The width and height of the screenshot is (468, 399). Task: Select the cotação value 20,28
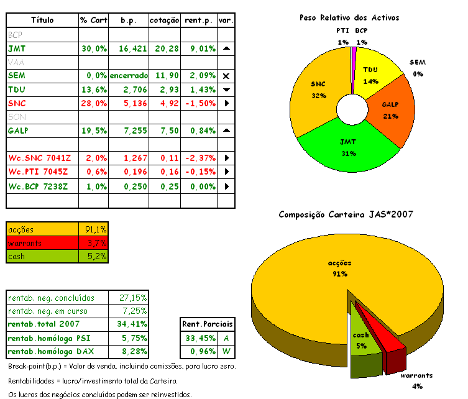pyautogui.click(x=165, y=48)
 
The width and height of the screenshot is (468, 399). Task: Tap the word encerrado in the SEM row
pyautogui.click(x=129, y=76)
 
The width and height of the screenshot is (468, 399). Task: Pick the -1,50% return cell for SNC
pyautogui.click(x=200, y=103)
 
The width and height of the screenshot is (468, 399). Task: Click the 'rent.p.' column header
pyautogui.click(x=200, y=21)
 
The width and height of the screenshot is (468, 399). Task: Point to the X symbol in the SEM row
pyautogui.click(x=226, y=76)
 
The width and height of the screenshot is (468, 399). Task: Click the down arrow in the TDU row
pyautogui.click(x=226, y=89)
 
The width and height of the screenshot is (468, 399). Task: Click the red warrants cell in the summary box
pyautogui.click(x=42, y=242)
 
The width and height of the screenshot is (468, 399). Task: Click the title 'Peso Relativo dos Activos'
pyautogui.click(x=349, y=18)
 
